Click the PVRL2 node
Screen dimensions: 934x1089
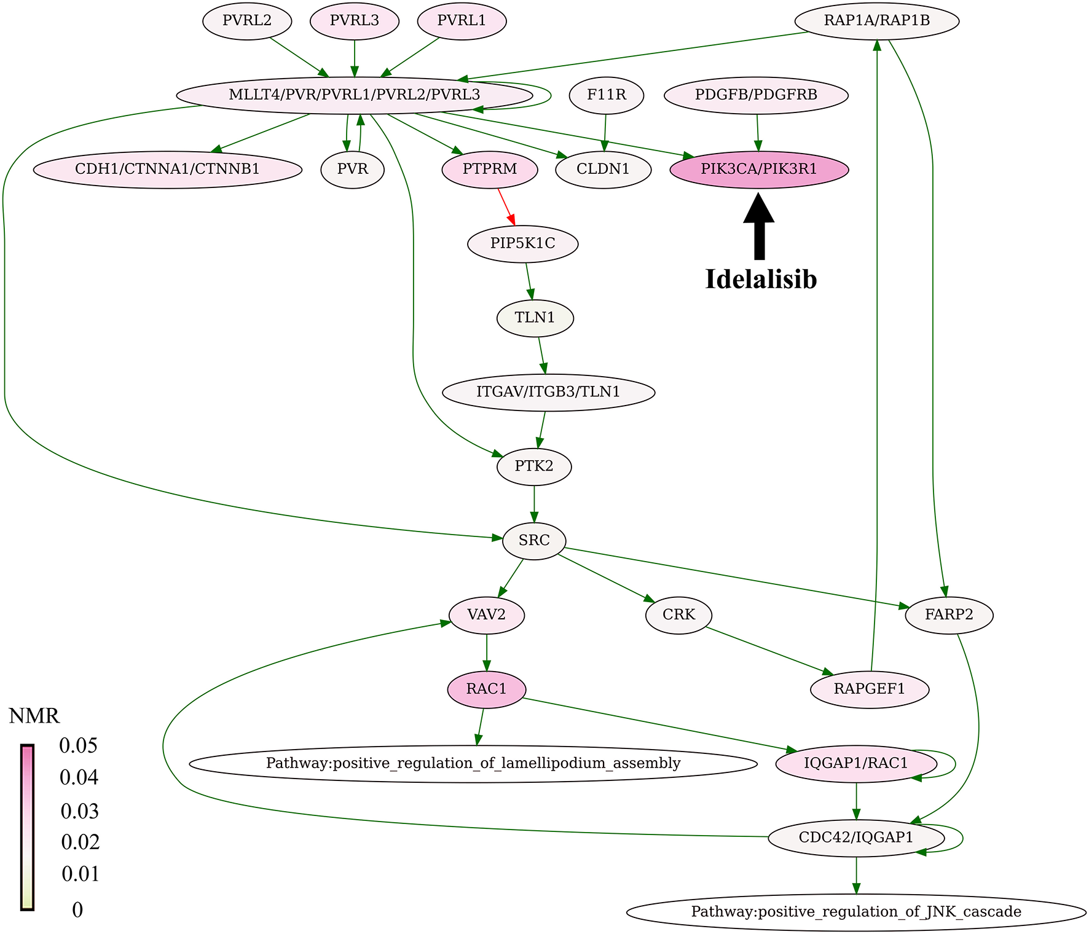click(246, 21)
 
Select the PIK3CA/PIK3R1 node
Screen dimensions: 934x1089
click(759, 170)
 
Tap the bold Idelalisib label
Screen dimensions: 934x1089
click(761, 280)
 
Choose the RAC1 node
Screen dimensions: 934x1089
click(486, 689)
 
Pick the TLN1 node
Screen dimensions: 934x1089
click(535, 318)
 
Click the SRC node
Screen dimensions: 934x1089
click(534, 541)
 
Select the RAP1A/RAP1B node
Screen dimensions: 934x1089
click(876, 21)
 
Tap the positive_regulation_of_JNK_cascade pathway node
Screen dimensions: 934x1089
click(856, 912)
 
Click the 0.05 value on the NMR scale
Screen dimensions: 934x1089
click(78, 746)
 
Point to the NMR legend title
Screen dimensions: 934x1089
click(34, 716)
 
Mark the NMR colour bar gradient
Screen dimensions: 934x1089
click(27, 827)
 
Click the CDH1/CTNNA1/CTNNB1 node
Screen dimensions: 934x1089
click(167, 170)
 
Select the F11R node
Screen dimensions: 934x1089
click(606, 95)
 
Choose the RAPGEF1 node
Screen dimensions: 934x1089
click(869, 689)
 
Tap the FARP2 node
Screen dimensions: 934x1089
click(949, 615)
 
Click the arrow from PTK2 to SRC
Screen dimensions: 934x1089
click(534, 504)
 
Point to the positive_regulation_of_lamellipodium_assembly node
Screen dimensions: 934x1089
click(473, 764)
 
